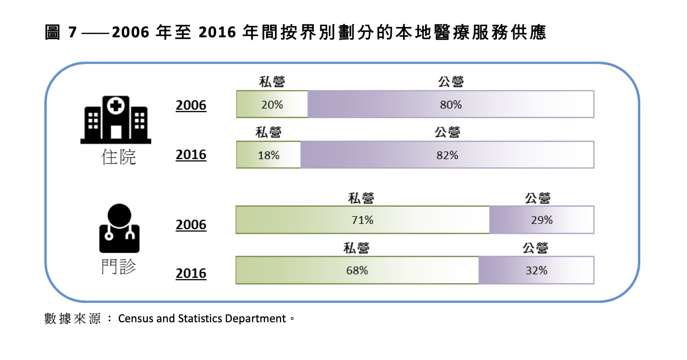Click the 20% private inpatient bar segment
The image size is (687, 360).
coord(272,104)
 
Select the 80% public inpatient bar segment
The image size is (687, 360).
coord(451,104)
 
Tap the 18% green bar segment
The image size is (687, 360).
coord(269,155)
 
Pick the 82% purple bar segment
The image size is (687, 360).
coord(447,155)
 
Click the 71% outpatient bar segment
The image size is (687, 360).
coord(363,220)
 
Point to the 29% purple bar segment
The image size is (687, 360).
coord(541,220)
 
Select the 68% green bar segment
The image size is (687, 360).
coord(357,270)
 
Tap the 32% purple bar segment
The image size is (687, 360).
coord(536,270)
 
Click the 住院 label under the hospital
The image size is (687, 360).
coord(119,157)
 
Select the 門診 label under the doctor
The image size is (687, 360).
coord(119,267)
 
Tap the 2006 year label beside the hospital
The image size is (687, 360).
coord(191,105)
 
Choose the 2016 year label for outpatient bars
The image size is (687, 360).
coord(191,273)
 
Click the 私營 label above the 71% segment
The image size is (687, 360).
coord(361,198)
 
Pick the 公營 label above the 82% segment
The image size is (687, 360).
coord(448,132)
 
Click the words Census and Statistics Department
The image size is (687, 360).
coord(202,319)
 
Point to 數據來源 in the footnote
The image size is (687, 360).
coord(72,319)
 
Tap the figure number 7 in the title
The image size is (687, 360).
coord(73,32)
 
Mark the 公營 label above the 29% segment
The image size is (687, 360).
coord(538,198)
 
